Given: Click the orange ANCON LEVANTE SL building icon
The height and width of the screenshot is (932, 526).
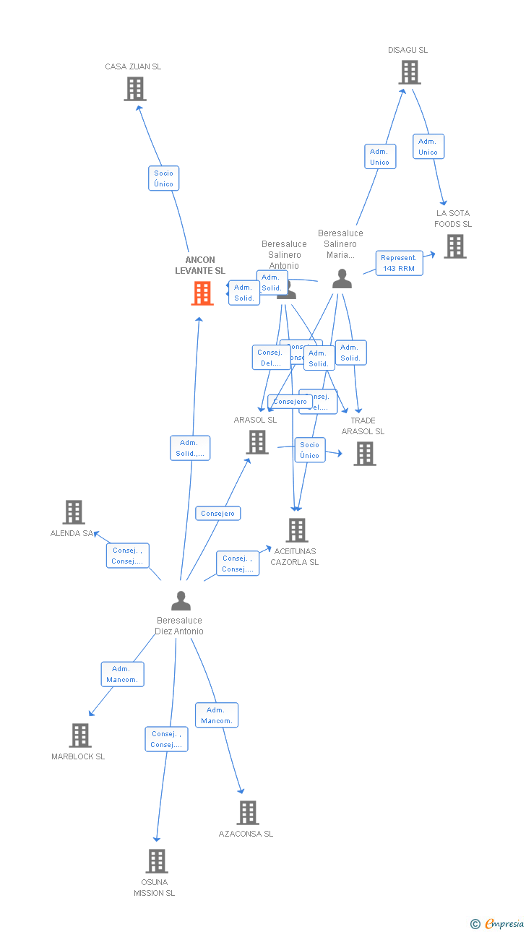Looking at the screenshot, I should [202, 293].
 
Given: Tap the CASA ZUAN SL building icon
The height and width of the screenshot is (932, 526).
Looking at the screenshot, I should [135, 89].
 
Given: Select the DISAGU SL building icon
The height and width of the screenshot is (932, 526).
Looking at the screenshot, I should [410, 72].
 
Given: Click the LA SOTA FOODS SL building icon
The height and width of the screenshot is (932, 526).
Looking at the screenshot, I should [454, 246].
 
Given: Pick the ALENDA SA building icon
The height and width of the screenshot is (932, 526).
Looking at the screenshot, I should [74, 512].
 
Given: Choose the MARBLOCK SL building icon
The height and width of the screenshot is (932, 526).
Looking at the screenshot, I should [80, 735].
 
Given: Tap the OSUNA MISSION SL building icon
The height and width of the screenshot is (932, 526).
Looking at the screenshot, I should [157, 861].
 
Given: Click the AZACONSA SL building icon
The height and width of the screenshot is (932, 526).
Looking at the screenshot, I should [248, 813].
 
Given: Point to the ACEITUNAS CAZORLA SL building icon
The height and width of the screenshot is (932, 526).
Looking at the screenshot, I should [297, 530].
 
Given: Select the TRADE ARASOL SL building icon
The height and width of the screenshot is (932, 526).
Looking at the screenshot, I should [365, 454].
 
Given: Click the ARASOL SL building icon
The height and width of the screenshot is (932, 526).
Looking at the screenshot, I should [257, 442].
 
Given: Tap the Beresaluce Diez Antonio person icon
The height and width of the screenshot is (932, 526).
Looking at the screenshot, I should [181, 600].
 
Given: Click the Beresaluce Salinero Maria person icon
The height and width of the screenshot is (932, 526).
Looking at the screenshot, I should [342, 279].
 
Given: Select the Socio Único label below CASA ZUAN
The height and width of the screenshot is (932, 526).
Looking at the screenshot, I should [164, 178].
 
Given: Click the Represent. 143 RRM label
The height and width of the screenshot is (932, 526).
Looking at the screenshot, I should [399, 263].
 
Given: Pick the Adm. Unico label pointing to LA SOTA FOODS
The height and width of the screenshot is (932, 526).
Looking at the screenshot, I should [428, 147].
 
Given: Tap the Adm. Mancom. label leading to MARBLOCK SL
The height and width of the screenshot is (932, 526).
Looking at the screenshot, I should [122, 674].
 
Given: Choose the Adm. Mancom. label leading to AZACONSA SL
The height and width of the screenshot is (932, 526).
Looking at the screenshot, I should [217, 715].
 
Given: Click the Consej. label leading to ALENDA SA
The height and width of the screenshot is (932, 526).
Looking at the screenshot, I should [128, 556].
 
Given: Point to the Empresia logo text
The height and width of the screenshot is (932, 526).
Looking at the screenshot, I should [504, 923].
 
